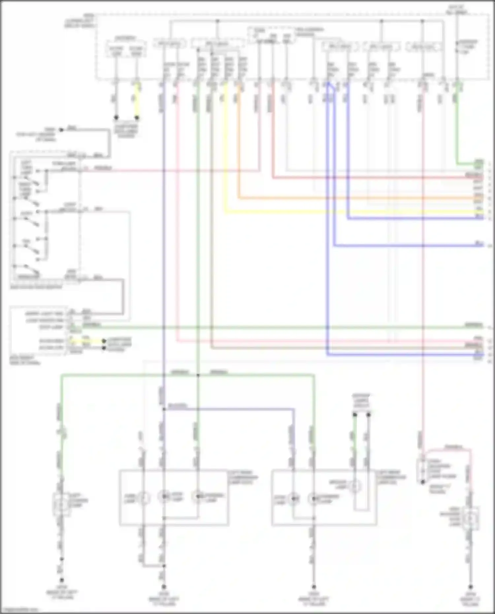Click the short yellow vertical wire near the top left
pyautogui.click(x=137, y=101)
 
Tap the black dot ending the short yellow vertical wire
pyautogui.click(x=137, y=117)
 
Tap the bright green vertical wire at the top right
pyautogui.click(x=457, y=125)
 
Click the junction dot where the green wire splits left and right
pyautogui.click(x=198, y=375)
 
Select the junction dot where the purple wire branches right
pyautogui.click(x=164, y=409)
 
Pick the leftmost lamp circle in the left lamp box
pyautogui.click(x=143, y=497)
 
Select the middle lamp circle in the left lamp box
pyautogui.click(x=164, y=496)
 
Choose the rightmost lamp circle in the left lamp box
pyautogui.click(x=198, y=496)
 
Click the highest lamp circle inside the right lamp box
pyautogui.click(x=355, y=486)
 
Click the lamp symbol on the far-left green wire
pyautogui.click(x=61, y=504)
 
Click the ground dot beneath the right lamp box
pyautogui.click(x=314, y=587)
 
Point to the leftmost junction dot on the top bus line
pyautogui.click(x=217, y=21)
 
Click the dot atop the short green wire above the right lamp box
pyautogui.click(x=355, y=414)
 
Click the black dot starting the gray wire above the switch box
pyautogui.click(x=61, y=130)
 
